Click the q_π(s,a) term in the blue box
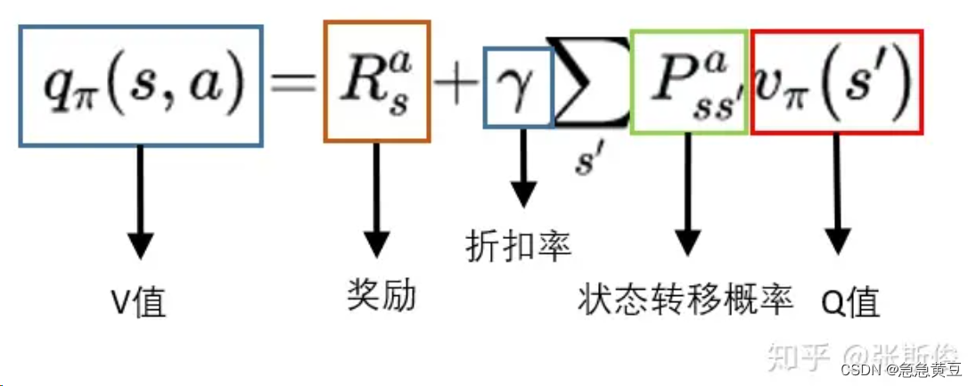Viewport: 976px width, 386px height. [x=141, y=86]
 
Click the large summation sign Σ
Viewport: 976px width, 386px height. [x=591, y=83]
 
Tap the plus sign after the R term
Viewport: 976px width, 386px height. [x=456, y=86]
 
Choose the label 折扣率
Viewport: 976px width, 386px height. [x=518, y=245]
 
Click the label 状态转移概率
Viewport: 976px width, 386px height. [x=685, y=299]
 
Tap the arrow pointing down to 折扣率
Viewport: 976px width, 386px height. [x=521, y=178]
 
